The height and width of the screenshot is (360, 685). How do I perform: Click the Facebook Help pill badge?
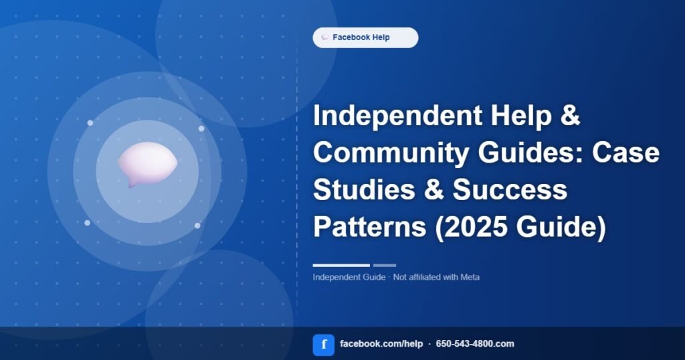tap(365, 37)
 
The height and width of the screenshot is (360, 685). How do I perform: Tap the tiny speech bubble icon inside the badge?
tap(324, 37)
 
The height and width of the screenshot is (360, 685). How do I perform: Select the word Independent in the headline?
tap(398, 115)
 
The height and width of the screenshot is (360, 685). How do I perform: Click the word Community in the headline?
tap(391, 153)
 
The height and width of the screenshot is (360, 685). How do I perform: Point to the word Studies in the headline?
tap(364, 189)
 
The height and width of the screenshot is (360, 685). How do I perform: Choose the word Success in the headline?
tap(510, 189)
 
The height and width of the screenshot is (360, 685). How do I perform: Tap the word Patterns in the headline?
tap(369, 227)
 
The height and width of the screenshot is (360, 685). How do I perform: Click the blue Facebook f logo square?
tap(324, 345)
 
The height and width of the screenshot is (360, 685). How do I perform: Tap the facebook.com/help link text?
tap(381, 344)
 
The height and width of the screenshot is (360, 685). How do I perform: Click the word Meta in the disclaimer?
tap(470, 277)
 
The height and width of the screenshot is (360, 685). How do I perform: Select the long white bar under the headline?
tap(341, 265)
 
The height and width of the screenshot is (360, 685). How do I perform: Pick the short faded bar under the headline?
tap(385, 265)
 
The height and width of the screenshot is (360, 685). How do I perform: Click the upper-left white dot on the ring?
tap(90, 123)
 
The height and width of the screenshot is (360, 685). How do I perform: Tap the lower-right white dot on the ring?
tap(197, 226)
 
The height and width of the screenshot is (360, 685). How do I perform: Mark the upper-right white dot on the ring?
tap(201, 128)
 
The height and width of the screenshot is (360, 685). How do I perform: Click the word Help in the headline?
tap(521, 115)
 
